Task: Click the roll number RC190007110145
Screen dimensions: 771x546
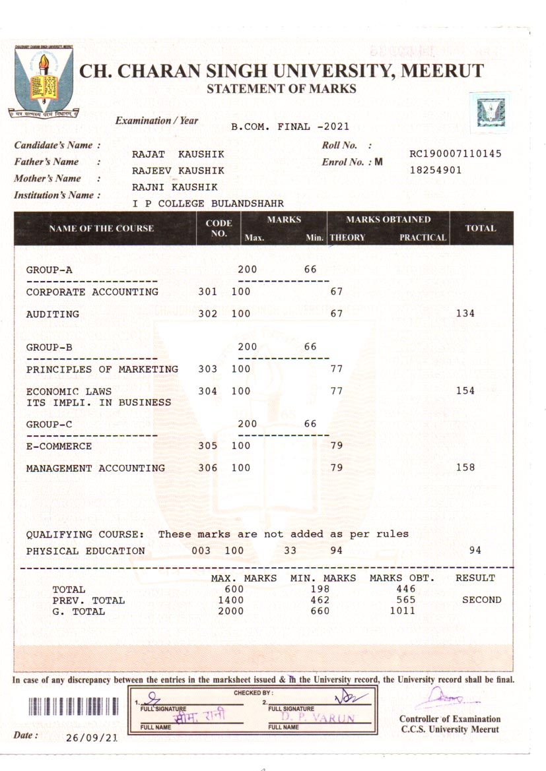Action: (456, 154)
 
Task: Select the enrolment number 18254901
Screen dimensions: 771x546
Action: (435, 170)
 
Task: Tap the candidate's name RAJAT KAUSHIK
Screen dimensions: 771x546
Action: (178, 154)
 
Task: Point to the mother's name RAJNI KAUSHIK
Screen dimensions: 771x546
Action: (174, 187)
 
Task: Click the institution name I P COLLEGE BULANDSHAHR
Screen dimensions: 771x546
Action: (208, 204)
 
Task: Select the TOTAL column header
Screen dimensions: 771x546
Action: (481, 228)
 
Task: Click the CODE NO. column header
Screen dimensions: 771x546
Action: (219, 228)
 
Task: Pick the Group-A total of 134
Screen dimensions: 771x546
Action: (465, 314)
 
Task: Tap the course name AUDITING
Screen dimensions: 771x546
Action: (52, 314)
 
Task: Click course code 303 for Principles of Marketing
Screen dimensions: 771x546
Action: (208, 369)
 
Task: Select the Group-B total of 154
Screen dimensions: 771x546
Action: (465, 391)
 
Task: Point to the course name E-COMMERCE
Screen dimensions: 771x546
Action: (59, 447)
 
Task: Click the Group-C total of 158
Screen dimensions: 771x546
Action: (465, 468)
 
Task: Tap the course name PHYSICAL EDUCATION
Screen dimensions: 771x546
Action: (85, 551)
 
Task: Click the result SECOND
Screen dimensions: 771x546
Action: (481, 600)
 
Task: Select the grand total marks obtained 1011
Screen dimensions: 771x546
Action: (403, 611)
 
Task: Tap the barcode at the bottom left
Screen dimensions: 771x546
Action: (73, 706)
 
